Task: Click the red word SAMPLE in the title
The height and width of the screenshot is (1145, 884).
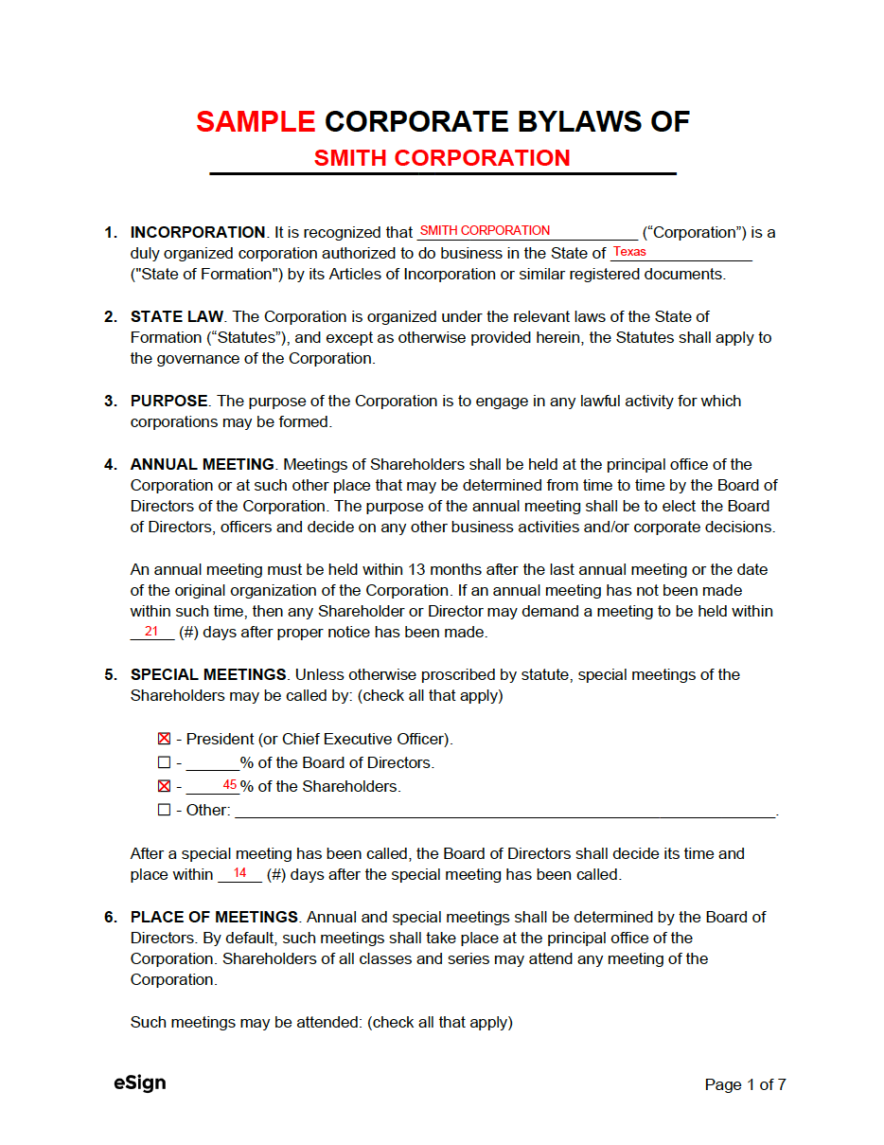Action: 256,121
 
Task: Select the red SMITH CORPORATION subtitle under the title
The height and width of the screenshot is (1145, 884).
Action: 442,158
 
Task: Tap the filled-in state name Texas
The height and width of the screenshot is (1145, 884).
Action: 629,252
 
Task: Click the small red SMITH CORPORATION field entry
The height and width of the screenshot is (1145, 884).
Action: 485,230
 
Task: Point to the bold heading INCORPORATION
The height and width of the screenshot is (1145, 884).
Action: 198,232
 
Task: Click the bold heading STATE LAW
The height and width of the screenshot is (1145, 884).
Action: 177,316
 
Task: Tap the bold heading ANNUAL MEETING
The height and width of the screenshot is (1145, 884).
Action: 203,464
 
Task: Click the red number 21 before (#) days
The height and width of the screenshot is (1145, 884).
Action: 151,631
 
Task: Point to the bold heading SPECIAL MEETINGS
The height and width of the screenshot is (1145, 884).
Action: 208,674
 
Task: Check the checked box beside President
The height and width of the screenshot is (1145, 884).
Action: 165,739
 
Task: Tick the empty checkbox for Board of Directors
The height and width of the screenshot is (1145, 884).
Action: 165,762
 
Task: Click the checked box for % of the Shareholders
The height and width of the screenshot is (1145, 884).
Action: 165,786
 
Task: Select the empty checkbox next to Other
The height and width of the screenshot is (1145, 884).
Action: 165,810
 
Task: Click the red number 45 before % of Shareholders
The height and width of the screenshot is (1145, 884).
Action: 230,785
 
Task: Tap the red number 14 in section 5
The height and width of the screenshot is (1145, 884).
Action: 239,873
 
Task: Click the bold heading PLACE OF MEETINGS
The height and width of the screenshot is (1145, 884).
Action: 215,917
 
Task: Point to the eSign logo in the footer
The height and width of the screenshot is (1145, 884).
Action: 140,1082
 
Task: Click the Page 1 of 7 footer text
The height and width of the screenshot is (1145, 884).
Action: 745,1084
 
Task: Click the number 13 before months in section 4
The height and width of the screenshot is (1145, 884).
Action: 417,569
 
